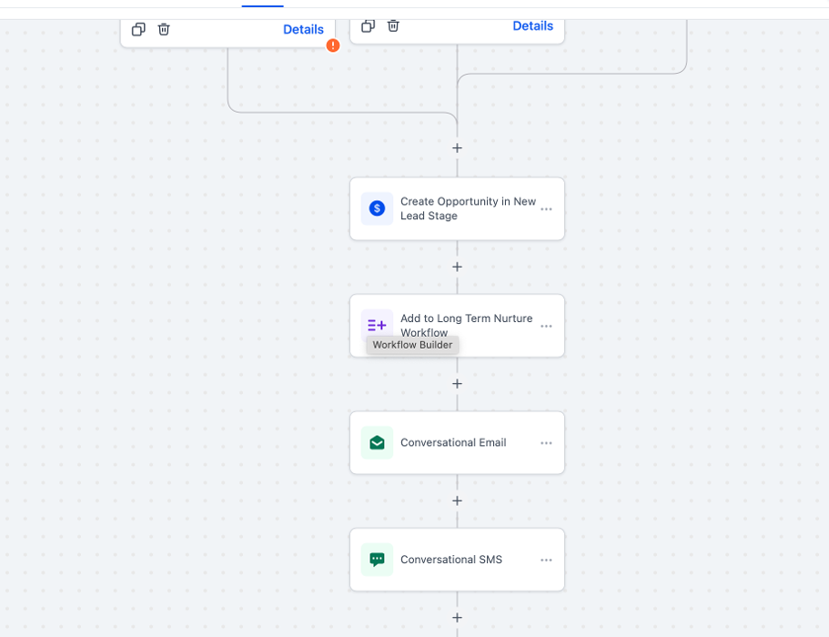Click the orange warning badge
332,45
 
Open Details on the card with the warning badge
303,30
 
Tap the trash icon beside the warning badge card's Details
164,29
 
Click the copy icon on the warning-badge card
138,29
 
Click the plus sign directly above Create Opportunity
458,148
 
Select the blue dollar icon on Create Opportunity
377,208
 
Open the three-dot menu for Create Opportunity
546,208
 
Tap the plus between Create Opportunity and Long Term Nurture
458,267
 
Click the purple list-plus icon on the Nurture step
377,325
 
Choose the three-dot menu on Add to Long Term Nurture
546,326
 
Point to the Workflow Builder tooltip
412,345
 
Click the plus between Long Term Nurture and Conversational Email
458,384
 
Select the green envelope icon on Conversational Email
377,442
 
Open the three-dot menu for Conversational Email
546,443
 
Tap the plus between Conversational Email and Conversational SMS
458,500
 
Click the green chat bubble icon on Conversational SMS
377,560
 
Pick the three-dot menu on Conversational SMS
546,560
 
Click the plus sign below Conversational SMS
458,618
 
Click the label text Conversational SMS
451,560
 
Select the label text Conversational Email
453,442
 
